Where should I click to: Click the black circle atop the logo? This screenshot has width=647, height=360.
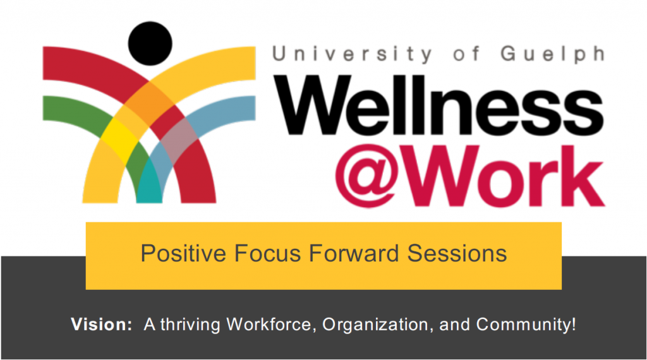tap(150, 44)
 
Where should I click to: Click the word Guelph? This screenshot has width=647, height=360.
tap(553, 54)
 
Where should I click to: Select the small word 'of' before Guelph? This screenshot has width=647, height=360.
tap(466, 54)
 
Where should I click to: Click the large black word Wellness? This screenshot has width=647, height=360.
tap(439, 105)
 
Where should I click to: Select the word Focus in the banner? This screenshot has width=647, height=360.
tap(268, 253)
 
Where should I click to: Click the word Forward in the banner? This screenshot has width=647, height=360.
tap(354, 253)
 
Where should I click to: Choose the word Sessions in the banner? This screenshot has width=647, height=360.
tap(457, 253)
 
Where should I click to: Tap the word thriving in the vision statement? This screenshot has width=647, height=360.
tap(191, 325)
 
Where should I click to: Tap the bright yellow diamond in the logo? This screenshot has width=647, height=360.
tap(119, 140)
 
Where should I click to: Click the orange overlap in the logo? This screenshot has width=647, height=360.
tap(149, 103)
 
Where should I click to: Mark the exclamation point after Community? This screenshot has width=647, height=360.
tap(573, 324)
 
